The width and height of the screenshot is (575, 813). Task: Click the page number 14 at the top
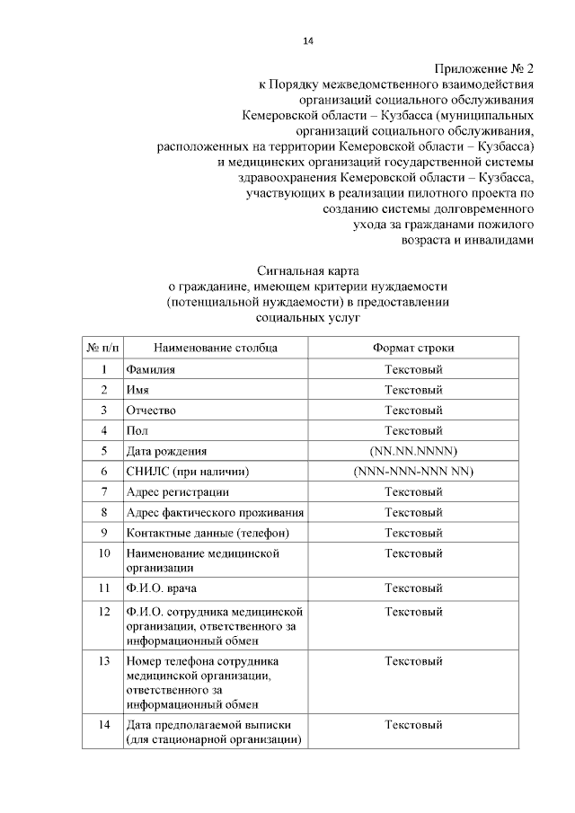tap(307, 40)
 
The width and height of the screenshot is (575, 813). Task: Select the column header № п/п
tap(104, 347)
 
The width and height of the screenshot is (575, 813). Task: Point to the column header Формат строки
tap(413, 347)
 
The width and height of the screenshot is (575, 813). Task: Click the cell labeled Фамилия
tap(151, 369)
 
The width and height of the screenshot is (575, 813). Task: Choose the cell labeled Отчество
tap(151, 410)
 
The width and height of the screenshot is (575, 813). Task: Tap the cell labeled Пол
tap(137, 430)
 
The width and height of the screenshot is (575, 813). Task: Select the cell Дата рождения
tap(166, 451)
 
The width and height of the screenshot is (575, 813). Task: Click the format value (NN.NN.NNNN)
tap(413, 451)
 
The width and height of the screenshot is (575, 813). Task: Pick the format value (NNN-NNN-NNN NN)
tap(413, 472)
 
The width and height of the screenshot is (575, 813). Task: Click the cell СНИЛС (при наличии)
tap(187, 472)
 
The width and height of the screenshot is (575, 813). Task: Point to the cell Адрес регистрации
tap(177, 491)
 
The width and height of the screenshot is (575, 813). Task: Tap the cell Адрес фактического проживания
tap(215, 512)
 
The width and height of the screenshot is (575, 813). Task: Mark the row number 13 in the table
tap(104, 661)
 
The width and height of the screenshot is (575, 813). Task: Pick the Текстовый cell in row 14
tap(413, 724)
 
